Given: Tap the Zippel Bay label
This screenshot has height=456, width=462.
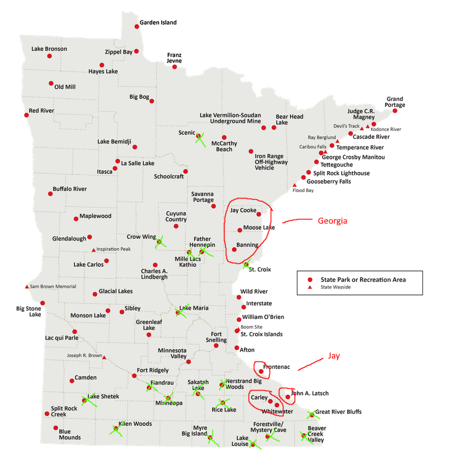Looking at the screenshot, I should pyautogui.click(x=118, y=52).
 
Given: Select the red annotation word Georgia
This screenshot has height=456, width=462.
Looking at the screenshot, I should pyautogui.click(x=332, y=221).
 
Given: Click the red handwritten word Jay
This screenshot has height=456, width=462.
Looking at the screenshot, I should pyautogui.click(x=333, y=355).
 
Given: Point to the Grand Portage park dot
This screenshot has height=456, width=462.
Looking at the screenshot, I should pyautogui.click(x=395, y=110).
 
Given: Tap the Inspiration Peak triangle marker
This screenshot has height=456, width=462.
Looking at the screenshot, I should pyautogui.click(x=93, y=250).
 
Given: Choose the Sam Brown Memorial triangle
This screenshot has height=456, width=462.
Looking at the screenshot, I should pyautogui.click(x=26, y=287).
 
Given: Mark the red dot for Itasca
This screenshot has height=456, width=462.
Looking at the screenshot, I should pyautogui.click(x=115, y=168).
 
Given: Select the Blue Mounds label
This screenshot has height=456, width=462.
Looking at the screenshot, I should pyautogui.click(x=69, y=434).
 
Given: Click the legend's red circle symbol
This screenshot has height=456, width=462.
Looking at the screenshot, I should pyautogui.click(x=311, y=280).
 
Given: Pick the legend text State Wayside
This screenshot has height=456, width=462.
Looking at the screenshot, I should pyautogui.click(x=335, y=287).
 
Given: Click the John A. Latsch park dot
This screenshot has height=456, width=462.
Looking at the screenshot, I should pyautogui.click(x=288, y=397).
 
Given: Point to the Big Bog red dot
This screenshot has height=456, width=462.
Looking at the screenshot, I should pyautogui.click(x=152, y=101).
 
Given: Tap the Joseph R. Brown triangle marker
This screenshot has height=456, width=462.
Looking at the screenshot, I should pyautogui.click(x=104, y=358).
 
